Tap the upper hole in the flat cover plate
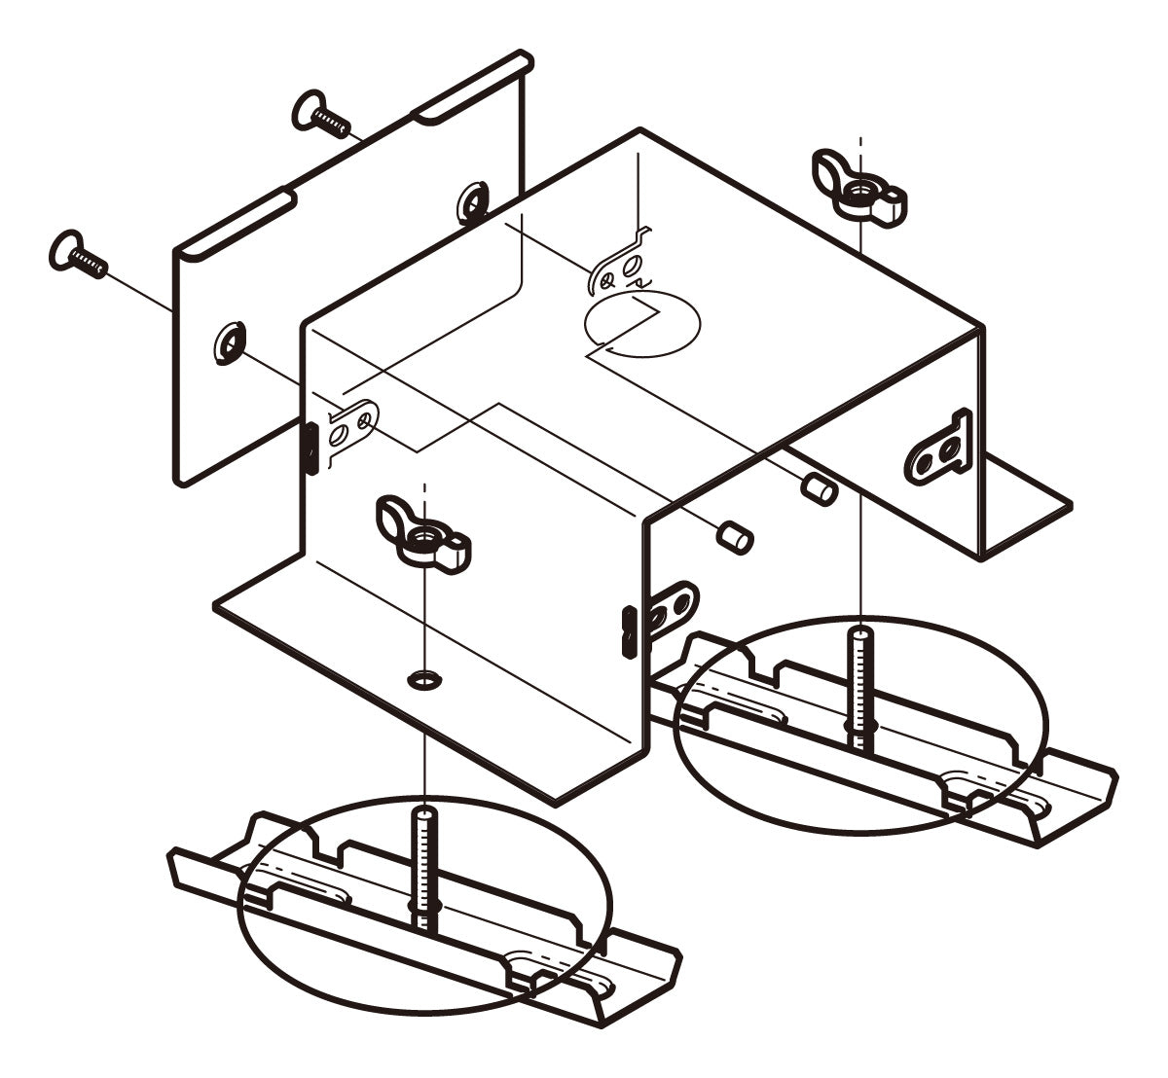(473, 201)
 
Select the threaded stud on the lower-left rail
(426, 866)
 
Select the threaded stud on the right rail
(860, 686)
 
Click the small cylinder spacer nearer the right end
(820, 489)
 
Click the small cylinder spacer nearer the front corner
(735, 534)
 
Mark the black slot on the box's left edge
(310, 448)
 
